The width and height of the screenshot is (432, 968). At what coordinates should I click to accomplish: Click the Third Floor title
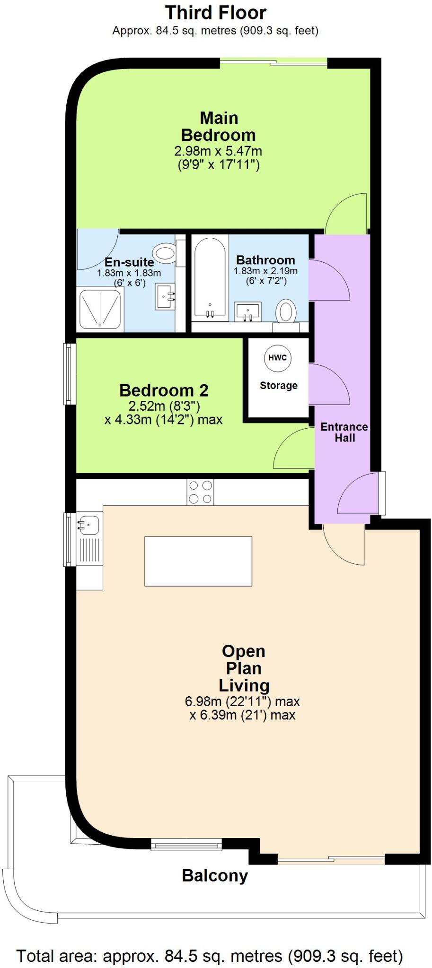(x=216, y=13)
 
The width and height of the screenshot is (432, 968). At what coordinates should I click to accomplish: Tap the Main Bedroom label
(x=219, y=127)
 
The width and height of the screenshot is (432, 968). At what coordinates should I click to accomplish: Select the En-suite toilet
(x=165, y=254)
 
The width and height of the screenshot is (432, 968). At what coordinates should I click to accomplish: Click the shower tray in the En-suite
(x=100, y=309)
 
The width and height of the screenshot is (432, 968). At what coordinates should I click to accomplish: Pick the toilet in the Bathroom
(x=286, y=312)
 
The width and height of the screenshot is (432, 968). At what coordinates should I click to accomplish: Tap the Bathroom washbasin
(x=248, y=311)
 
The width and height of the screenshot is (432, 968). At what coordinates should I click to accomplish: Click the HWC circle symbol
(x=278, y=358)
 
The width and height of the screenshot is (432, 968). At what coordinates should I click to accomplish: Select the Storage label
(x=279, y=386)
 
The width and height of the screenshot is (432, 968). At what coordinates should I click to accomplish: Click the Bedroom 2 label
(x=164, y=390)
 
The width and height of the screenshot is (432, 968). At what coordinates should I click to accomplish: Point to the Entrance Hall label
(x=344, y=432)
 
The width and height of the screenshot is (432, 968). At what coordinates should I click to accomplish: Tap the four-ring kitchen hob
(x=200, y=492)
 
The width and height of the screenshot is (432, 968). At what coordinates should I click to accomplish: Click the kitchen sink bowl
(x=89, y=524)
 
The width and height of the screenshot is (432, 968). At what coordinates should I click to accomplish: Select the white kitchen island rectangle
(x=198, y=561)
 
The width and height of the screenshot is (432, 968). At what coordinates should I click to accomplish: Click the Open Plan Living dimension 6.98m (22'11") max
(x=242, y=701)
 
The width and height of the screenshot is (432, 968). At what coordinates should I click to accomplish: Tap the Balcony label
(x=215, y=876)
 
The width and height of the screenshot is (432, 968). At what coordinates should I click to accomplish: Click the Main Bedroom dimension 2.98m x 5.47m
(x=218, y=152)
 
